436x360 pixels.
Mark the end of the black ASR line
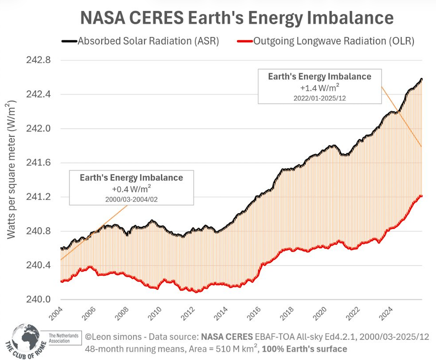tap(421, 79)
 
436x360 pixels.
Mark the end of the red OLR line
tap(421, 196)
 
